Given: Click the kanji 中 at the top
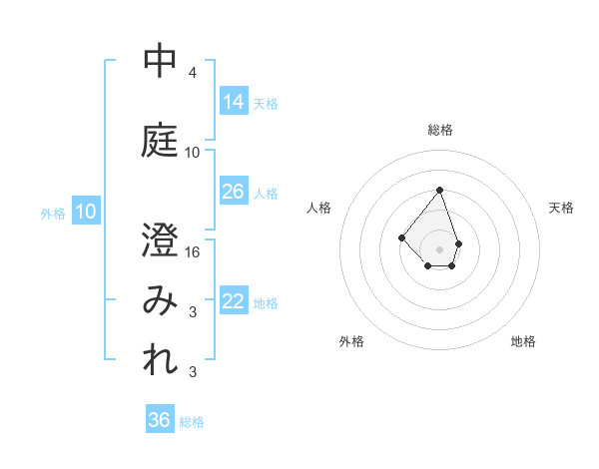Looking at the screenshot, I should coord(160,62).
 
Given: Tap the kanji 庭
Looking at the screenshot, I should coord(160,140).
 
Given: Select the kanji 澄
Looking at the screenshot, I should coord(160,239).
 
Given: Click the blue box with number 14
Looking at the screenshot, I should coord(234,102).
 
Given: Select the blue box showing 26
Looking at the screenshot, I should coord(234,192).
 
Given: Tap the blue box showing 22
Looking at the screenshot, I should coord(234,301).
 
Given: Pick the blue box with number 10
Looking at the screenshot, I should coord(86,212).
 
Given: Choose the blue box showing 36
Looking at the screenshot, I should coord(160,420).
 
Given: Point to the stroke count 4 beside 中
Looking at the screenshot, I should coord(193,73).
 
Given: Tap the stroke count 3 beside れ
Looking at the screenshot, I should coord(193,372).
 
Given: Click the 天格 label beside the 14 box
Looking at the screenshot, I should coord(266,103).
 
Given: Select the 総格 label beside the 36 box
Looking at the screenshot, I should coord(192,422).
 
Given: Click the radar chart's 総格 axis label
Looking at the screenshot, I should coord(440,130).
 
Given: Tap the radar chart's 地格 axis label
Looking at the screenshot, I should coord(523,341).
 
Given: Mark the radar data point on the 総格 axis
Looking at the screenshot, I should coord(439,190).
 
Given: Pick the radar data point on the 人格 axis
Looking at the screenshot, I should coord(401,236).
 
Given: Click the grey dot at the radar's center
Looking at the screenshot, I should coord(439,248).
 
